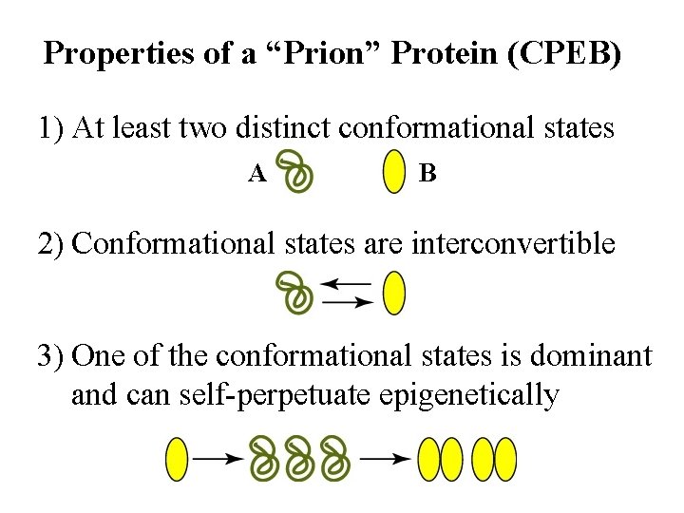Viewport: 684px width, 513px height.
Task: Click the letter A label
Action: [256, 173]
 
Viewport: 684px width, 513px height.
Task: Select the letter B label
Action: [427, 173]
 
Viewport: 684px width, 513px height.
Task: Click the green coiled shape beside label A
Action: [299, 173]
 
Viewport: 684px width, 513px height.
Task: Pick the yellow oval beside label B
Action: [392, 173]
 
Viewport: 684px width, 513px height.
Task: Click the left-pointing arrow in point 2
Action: [347, 282]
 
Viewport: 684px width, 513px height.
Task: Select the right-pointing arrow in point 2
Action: [347, 302]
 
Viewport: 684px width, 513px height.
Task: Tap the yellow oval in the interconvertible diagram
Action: [393, 293]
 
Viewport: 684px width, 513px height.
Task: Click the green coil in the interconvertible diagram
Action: [294, 293]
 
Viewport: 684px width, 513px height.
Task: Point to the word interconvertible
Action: [513, 243]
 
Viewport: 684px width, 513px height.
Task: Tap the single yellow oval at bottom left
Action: [177, 458]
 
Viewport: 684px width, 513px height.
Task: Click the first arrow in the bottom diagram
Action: [218, 458]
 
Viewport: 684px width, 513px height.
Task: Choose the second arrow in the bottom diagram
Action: [388, 458]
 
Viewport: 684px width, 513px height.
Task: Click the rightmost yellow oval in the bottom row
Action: [504, 458]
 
